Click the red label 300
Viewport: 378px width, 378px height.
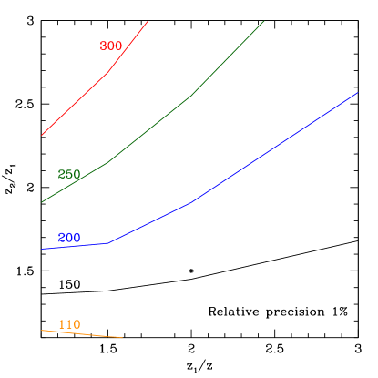coord(111,46)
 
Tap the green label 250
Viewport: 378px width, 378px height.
coord(69,174)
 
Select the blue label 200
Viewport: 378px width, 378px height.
coord(69,238)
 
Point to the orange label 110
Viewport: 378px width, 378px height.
coord(69,324)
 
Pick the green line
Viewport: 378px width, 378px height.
coord(150,128)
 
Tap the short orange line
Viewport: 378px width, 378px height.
coord(82,333)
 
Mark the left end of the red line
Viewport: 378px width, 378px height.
coord(42,135)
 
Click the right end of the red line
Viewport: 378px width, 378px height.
coord(148,21)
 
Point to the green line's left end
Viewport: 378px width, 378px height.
coord(42,202)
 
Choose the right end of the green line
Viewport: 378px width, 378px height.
coord(264,20)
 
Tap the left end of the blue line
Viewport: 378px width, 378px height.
coord(42,249)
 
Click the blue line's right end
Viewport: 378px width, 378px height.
coord(358,92)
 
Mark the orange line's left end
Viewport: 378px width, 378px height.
coord(42,330)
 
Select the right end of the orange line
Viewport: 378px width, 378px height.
coord(122,338)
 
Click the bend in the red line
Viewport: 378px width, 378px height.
coord(108,71)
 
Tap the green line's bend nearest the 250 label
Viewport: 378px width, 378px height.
coord(108,162)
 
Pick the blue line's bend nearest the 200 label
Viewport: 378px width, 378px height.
coord(108,243)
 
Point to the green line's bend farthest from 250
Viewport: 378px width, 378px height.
coord(191,95)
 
